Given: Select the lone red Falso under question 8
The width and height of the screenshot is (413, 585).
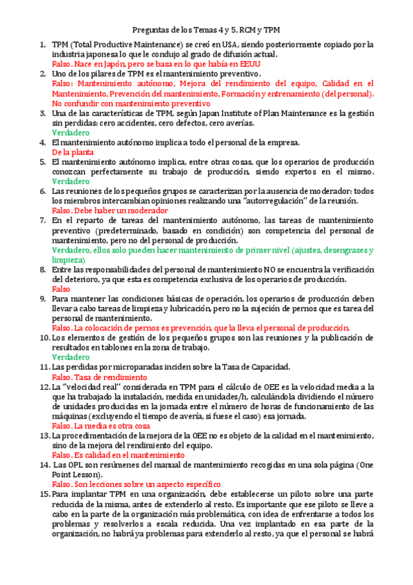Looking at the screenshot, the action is pos(61,289).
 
